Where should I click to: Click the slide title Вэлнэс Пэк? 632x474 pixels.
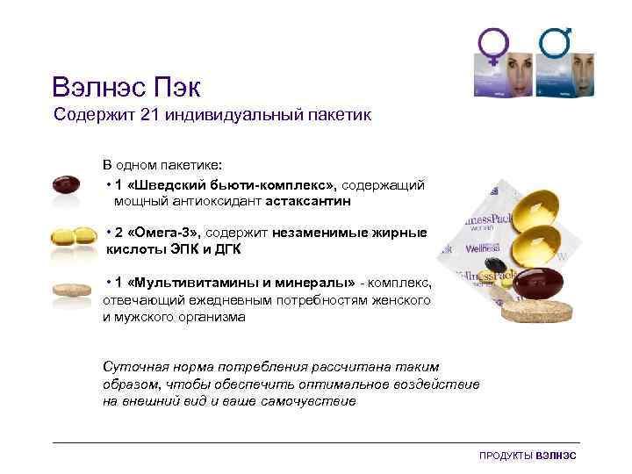point(126,88)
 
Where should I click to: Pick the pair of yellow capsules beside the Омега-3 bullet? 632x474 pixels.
point(74,236)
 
